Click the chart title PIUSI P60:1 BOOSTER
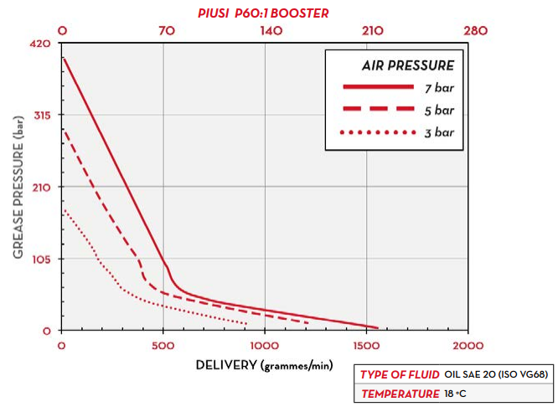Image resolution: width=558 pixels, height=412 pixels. (x=263, y=13)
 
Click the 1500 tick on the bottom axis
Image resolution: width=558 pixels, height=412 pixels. (x=366, y=345)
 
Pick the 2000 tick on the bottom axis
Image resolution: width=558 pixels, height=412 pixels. (x=468, y=345)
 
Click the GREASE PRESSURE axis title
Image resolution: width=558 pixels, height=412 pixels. (x=18, y=187)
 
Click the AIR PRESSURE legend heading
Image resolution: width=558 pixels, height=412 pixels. (x=408, y=64)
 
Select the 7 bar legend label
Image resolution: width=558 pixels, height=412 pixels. (x=438, y=87)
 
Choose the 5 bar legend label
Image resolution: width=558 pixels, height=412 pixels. (x=438, y=110)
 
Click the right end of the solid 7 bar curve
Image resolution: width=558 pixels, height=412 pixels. (x=377, y=327)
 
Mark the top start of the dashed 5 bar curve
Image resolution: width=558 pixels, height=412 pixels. (x=63, y=131)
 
